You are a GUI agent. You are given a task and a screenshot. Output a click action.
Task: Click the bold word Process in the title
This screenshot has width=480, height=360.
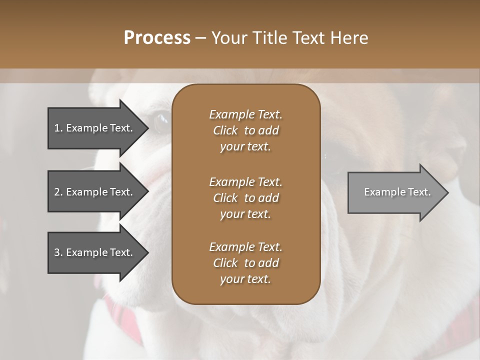pyautogui.click(x=157, y=38)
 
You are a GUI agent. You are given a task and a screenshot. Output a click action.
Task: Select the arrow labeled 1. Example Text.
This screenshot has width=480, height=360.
pyautogui.click(x=95, y=128)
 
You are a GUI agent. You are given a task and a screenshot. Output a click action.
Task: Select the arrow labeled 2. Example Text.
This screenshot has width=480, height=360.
pyautogui.click(x=95, y=192)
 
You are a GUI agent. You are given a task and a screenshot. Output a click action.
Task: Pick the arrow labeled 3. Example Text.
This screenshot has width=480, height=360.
pyautogui.click(x=95, y=252)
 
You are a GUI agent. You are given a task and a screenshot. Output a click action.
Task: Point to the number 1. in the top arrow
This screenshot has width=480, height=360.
pyautogui.click(x=58, y=128)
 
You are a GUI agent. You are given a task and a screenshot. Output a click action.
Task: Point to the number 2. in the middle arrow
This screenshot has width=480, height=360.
pyautogui.click(x=58, y=192)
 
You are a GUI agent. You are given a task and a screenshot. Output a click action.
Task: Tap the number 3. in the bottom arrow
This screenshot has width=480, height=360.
pyautogui.click(x=58, y=252)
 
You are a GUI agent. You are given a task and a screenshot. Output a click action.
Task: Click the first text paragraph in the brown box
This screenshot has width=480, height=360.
pyautogui.click(x=245, y=130)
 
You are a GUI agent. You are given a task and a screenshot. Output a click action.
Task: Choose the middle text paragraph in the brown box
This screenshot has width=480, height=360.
pyautogui.click(x=245, y=198)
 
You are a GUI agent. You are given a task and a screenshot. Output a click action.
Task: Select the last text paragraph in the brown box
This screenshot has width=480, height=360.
pyautogui.click(x=245, y=263)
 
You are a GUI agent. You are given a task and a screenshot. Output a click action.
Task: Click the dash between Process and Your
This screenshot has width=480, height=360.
pyautogui.click(x=201, y=38)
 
